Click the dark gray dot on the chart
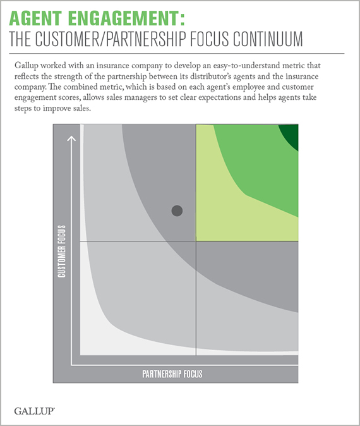(x=177, y=210)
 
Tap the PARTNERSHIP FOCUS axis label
(x=172, y=374)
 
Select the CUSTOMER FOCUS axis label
(x=62, y=252)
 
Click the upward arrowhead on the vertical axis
(x=71, y=138)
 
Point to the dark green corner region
(x=291, y=135)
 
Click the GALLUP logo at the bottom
(x=35, y=411)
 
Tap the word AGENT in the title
(x=35, y=18)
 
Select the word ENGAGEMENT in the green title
(x=123, y=18)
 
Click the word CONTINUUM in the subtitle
(x=268, y=39)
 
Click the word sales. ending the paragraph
(x=81, y=108)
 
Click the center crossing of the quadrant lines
(x=196, y=241)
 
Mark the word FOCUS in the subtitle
(x=209, y=39)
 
